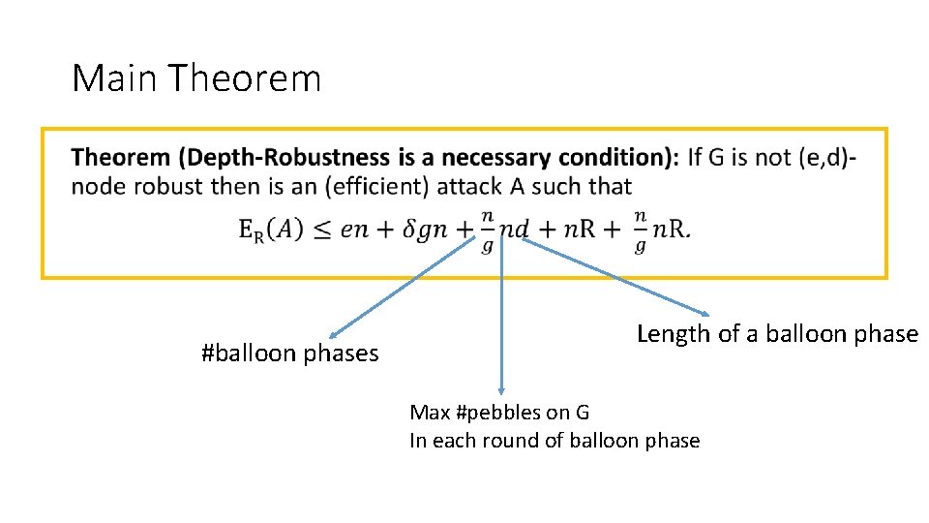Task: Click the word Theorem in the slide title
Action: [245, 77]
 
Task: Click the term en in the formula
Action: [356, 230]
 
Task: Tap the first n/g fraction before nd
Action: [487, 231]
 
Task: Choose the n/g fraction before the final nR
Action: [640, 231]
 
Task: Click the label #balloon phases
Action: [289, 354]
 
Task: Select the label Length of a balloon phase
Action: [777, 334]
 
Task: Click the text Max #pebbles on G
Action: [499, 412]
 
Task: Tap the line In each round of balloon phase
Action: [554, 441]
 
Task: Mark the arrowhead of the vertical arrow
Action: [500, 385]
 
